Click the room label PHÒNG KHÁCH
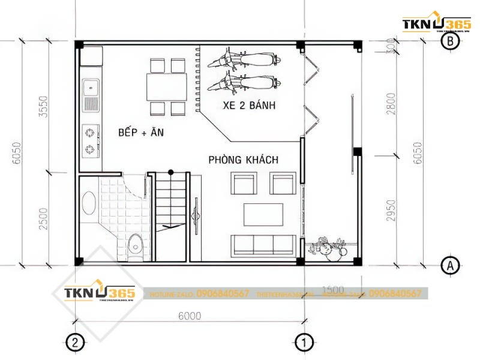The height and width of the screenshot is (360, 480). coord(244,160)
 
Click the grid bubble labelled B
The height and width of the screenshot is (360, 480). coord(450,41)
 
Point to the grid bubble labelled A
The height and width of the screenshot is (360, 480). coord(450,264)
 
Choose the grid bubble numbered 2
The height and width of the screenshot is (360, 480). coord(74,343)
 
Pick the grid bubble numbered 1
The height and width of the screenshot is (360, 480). coord(304,343)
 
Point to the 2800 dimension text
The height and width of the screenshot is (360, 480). coord(391,102)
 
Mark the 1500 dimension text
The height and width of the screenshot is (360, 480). coord(333,290)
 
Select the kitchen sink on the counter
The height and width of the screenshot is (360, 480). coord(91,95)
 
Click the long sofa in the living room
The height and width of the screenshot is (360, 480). coord(263,244)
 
